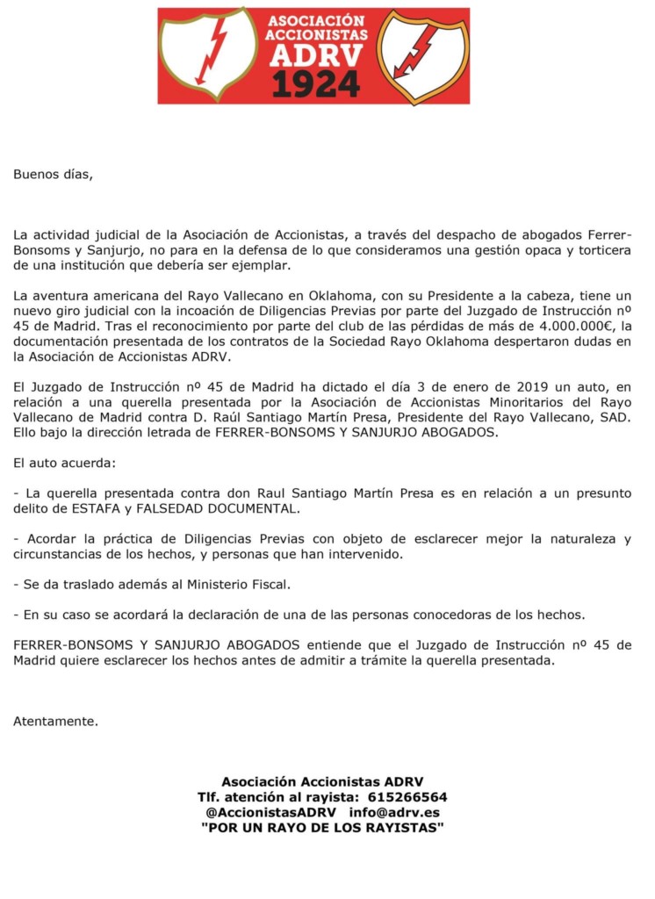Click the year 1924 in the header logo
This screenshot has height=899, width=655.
[x=315, y=83]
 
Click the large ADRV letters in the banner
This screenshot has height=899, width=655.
[x=315, y=55]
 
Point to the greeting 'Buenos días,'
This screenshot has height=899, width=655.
[x=52, y=174]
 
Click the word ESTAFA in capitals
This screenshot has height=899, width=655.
[x=101, y=509]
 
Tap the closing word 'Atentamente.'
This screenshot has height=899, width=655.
[x=55, y=722]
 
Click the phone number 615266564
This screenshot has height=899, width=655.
[x=407, y=797]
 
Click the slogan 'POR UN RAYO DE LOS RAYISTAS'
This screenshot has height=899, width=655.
[x=322, y=828]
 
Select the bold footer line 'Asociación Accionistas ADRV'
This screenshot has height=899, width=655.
[x=322, y=781]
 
